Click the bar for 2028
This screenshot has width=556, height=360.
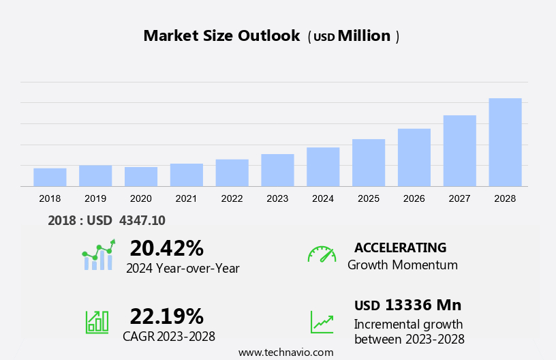pos(505,142)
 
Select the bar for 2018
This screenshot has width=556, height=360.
pos(50,177)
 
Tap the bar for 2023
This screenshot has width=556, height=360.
pos(277,170)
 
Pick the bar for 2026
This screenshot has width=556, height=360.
pos(414,157)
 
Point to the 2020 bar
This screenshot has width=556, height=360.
pos(141,177)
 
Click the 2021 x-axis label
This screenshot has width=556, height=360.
pos(186,198)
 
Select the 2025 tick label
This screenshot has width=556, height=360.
pos(369,198)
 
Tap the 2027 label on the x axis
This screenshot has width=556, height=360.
pos(460,198)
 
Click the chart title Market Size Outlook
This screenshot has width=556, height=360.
pos(221,36)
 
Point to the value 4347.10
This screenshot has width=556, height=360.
pos(142,220)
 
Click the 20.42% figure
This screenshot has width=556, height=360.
pos(166,247)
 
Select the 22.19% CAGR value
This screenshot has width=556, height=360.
pos(166,316)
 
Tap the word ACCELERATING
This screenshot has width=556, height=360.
pos(400,247)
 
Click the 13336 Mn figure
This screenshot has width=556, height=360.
pos(422,305)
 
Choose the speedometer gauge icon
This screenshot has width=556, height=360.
pos(322,254)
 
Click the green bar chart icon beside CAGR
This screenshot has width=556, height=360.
pos(97,322)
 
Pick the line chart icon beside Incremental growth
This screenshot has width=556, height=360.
pos(322,322)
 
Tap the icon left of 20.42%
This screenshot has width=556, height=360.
pos(98,255)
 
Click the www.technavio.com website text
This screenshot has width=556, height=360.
pos(285,352)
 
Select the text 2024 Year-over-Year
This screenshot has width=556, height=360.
pos(183,268)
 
